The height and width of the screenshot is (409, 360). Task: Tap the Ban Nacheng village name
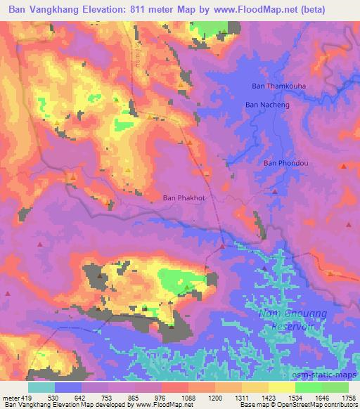[267, 105]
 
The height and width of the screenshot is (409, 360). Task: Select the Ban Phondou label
[283, 163]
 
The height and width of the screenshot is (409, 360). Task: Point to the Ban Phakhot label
[184, 198]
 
